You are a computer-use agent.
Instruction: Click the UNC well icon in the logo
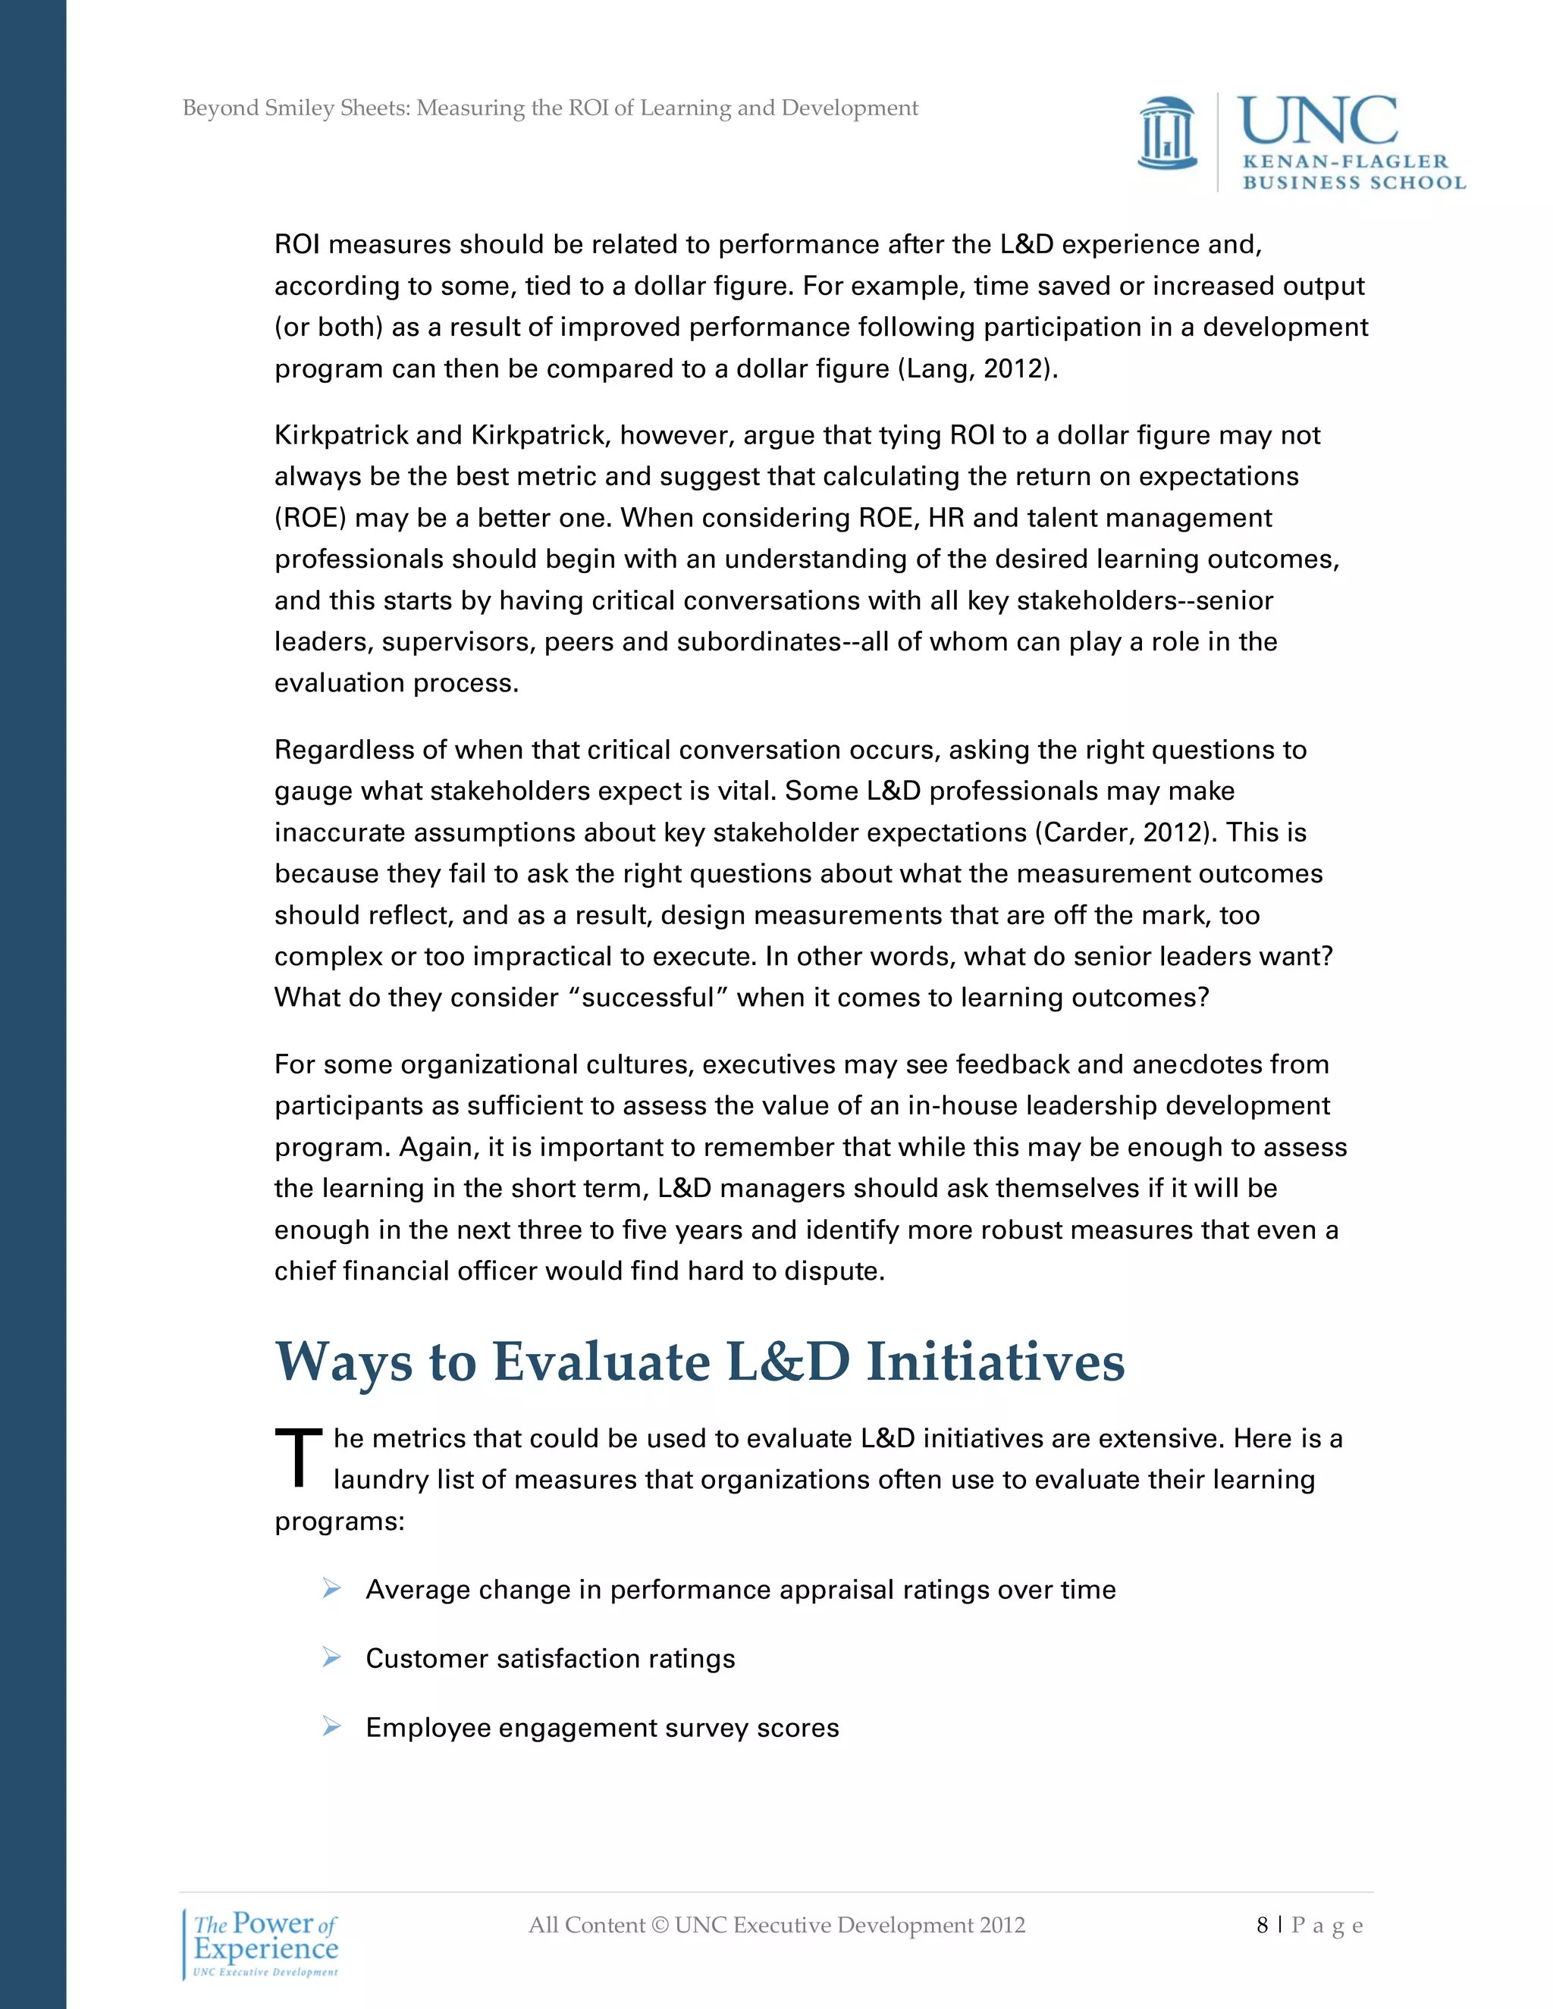click(1166, 134)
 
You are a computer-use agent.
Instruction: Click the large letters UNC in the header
click(1316, 121)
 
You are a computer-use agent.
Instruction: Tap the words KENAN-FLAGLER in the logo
click(1344, 162)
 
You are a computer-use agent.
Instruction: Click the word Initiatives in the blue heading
click(996, 1362)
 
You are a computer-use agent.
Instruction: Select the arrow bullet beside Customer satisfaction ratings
click(332, 1657)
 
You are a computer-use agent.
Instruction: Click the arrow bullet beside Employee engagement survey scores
click(332, 1726)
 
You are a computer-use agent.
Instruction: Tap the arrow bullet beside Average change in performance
click(332, 1588)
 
